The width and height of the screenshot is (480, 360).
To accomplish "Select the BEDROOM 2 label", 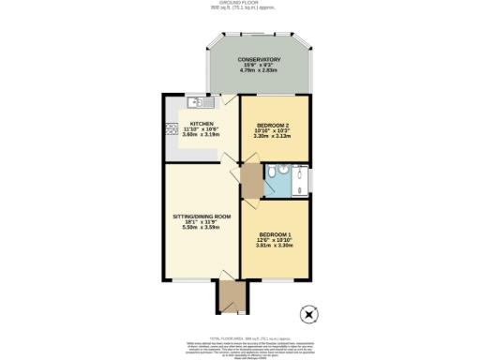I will point(273,124).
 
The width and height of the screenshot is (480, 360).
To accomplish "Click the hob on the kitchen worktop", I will point(172,128).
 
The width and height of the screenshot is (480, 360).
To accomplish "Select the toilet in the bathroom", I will point(270,172).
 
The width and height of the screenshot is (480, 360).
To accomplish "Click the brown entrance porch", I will point(228,295).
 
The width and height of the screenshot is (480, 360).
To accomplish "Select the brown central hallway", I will point(250,179).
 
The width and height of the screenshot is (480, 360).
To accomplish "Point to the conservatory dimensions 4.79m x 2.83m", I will point(260,69).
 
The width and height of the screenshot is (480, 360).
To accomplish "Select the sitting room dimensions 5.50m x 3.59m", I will point(202,229).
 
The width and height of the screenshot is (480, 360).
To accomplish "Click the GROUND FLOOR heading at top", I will point(240,5).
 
